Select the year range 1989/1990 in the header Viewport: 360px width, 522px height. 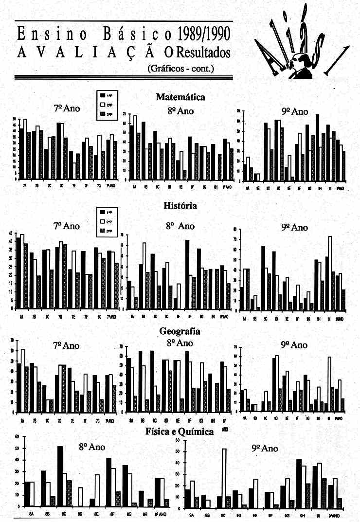(204, 34)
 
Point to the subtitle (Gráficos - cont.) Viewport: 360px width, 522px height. (180, 68)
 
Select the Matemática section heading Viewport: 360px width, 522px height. (180, 97)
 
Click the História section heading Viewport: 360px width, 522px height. (180, 206)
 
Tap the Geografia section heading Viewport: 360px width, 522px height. (180, 331)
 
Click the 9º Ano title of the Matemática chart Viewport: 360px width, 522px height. (297, 112)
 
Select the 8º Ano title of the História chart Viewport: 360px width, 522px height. (180, 226)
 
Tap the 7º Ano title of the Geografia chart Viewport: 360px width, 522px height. (66, 345)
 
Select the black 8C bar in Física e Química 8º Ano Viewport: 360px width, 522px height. (60, 476)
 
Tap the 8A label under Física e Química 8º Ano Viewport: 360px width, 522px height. (31, 514)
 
